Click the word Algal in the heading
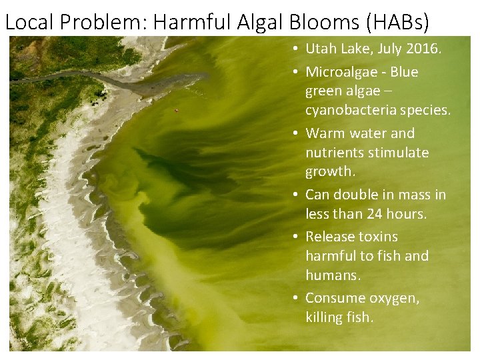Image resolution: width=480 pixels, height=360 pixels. coord(261,22)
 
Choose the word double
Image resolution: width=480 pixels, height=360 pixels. coord(356,195)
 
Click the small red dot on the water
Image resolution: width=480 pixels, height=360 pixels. coord(176,111)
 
